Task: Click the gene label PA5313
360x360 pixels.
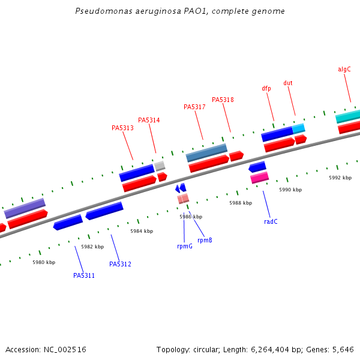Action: (x=122, y=128)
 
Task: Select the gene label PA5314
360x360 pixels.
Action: (x=149, y=120)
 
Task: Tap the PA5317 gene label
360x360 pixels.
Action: (x=194, y=107)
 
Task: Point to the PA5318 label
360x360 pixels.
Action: (x=223, y=100)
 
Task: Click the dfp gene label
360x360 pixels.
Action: (x=266, y=88)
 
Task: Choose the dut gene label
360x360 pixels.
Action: (x=288, y=83)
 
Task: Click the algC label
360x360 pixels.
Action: (x=344, y=69)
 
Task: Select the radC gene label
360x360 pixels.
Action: (x=271, y=221)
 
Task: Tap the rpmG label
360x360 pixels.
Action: (x=185, y=246)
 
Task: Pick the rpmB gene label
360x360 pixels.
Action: (x=205, y=240)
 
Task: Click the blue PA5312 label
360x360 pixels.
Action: (x=120, y=264)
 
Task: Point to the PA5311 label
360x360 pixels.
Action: (x=84, y=275)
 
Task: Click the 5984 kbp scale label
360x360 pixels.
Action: (x=142, y=231)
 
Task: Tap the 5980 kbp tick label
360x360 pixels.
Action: (x=44, y=262)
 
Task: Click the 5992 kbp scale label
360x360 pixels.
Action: (x=340, y=178)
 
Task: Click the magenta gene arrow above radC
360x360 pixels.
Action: (x=259, y=178)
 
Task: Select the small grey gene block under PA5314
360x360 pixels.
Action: (x=160, y=166)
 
